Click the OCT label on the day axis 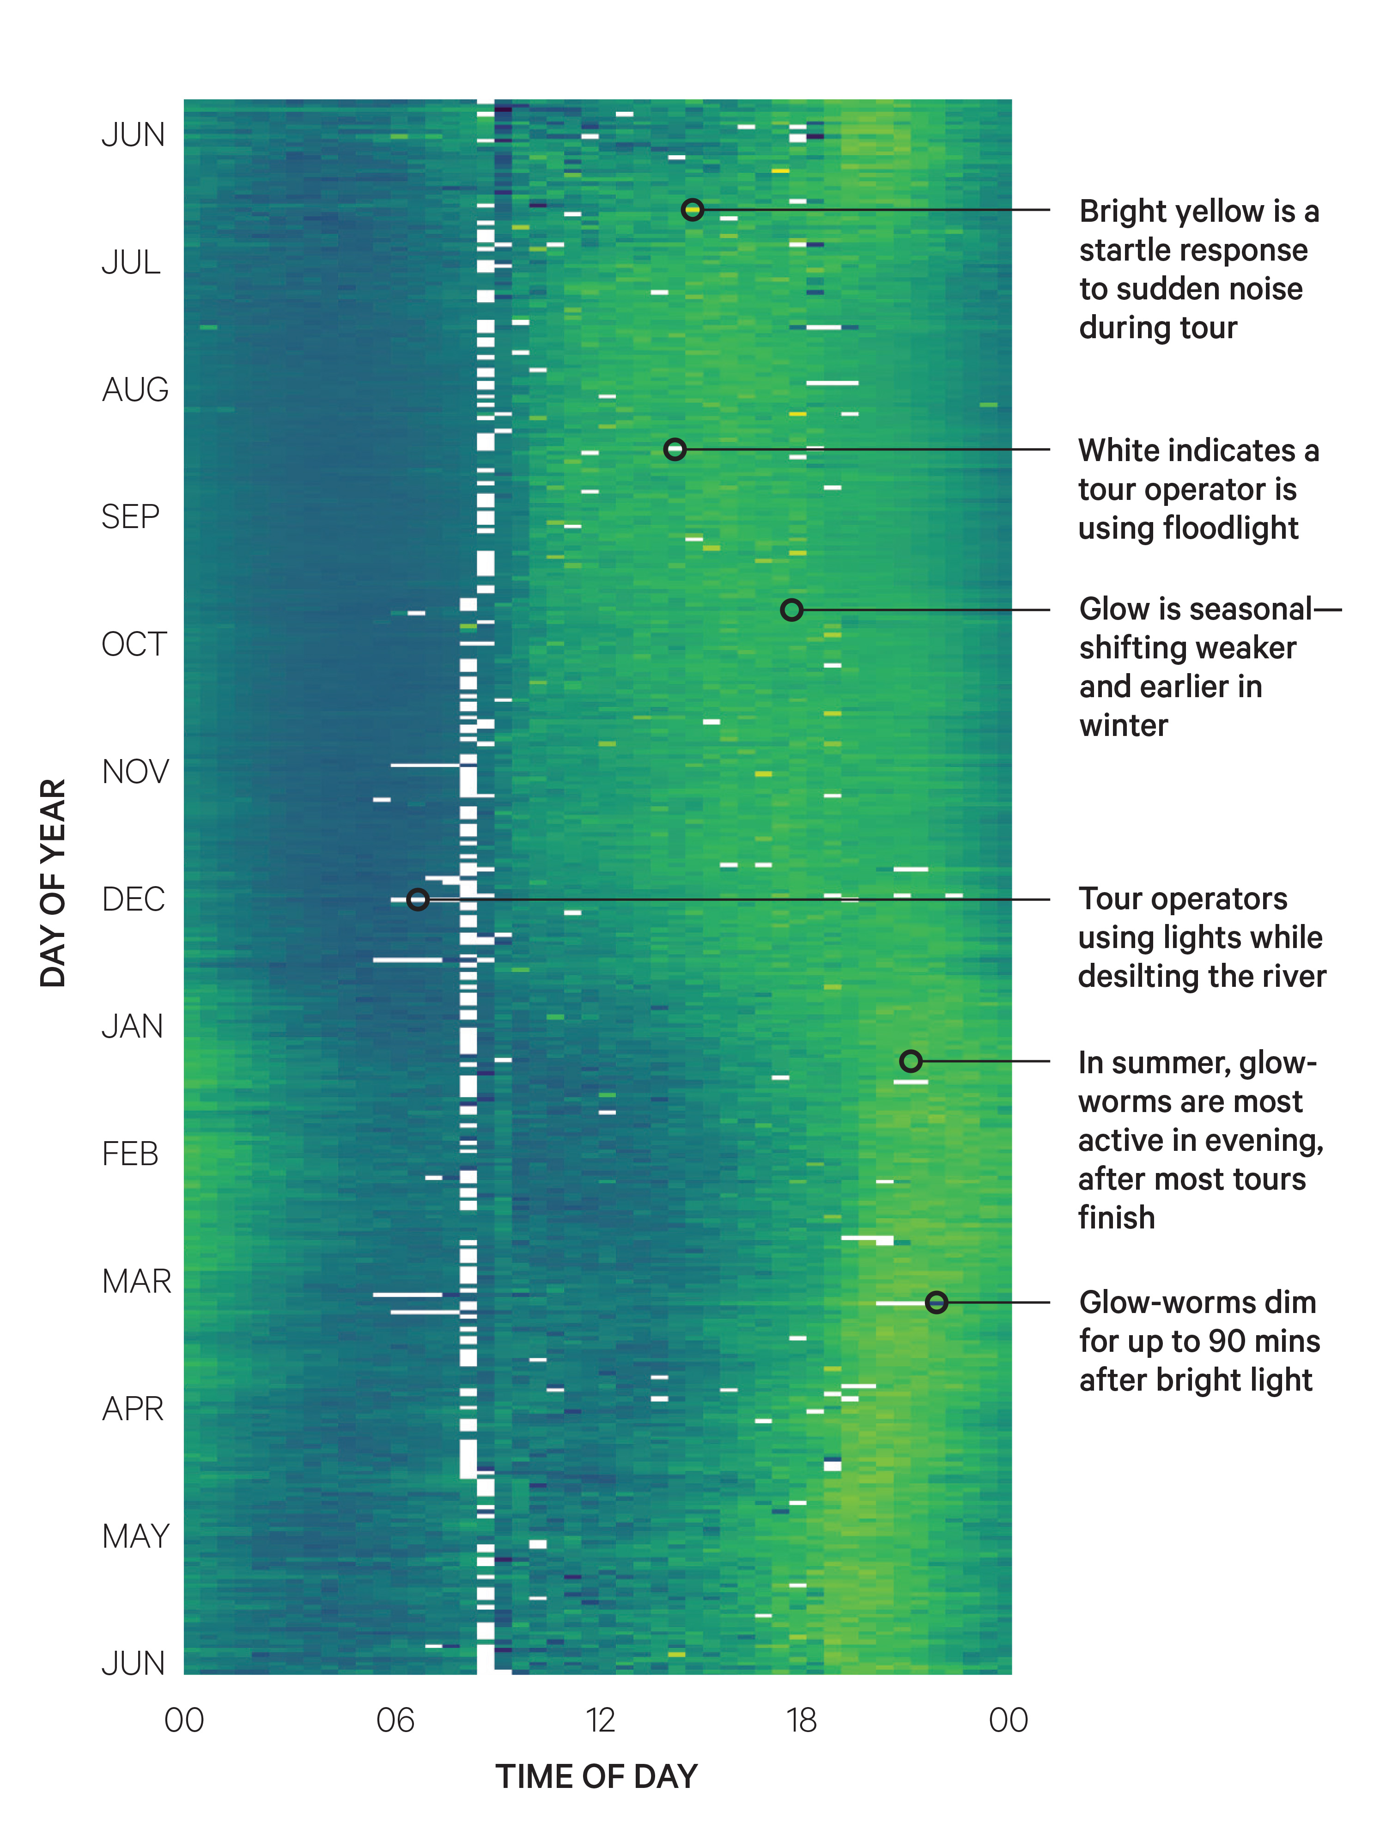[134, 644]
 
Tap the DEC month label [133, 899]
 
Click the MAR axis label [136, 1281]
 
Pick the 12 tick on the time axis [600, 1720]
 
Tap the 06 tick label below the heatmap [395, 1720]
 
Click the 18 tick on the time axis [801, 1720]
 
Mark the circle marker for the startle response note [692, 210]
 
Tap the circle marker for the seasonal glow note [791, 610]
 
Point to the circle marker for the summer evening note [911, 1061]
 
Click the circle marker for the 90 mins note [936, 1301]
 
